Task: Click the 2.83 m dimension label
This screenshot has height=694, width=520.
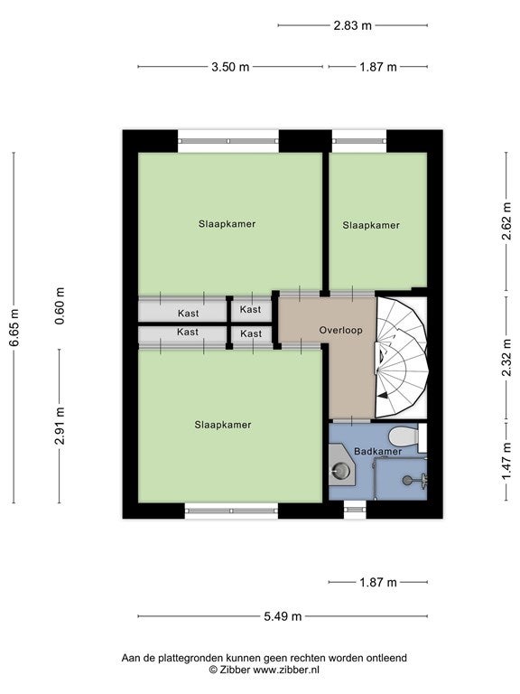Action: click(x=352, y=25)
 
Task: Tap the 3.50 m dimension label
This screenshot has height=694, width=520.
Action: click(x=230, y=67)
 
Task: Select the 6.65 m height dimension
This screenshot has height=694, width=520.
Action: click(x=14, y=327)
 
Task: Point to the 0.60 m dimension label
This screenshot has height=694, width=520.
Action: click(x=60, y=305)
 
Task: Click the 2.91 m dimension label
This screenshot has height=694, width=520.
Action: click(x=60, y=426)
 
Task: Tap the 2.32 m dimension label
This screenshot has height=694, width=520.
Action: click(x=506, y=358)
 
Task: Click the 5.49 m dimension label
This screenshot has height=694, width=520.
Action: click(x=283, y=616)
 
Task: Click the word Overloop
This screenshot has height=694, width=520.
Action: click(x=341, y=330)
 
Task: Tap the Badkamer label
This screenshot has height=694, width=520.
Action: click(x=378, y=452)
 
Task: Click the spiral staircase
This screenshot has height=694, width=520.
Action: click(x=401, y=358)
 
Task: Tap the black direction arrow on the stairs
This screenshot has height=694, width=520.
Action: click(x=384, y=395)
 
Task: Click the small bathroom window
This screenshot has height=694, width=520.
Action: click(x=355, y=510)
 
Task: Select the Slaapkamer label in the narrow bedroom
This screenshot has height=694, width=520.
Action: click(x=371, y=225)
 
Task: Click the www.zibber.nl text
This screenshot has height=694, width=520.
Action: click(x=285, y=671)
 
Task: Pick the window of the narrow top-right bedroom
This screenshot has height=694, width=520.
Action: click(x=359, y=141)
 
